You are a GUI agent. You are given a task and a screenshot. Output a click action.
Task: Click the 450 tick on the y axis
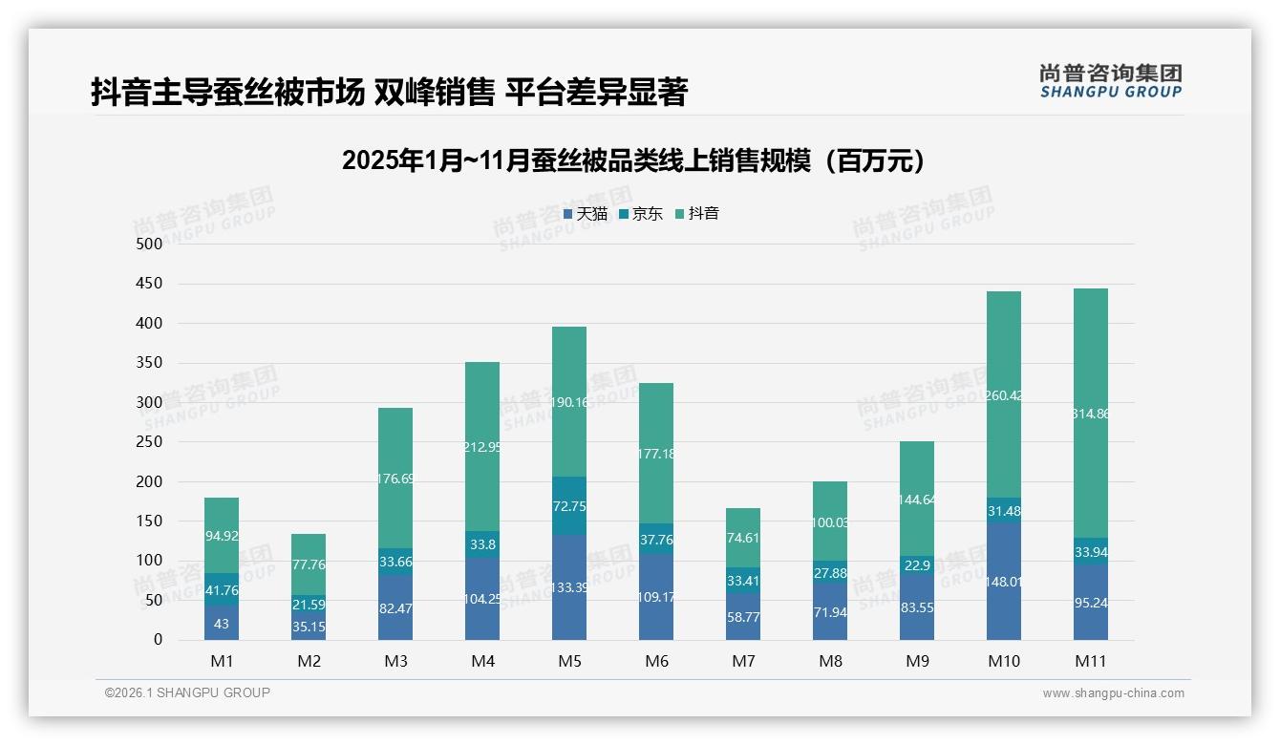[149, 284]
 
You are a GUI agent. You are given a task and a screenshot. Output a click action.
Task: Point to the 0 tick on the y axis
[158, 640]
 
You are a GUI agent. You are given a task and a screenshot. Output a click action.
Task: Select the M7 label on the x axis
[743, 661]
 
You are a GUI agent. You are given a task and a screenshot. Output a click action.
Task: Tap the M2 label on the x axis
[309, 661]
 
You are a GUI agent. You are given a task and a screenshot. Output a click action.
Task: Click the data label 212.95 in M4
[482, 446]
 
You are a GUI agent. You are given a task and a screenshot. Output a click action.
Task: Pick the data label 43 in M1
[221, 624]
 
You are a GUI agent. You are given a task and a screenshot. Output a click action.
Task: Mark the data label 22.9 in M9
[917, 565]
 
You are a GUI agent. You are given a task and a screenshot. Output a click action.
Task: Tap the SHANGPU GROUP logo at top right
[1110, 81]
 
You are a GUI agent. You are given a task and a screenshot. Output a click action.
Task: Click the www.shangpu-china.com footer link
[1113, 693]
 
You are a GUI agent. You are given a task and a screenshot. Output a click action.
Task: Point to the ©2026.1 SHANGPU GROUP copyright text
[187, 692]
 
